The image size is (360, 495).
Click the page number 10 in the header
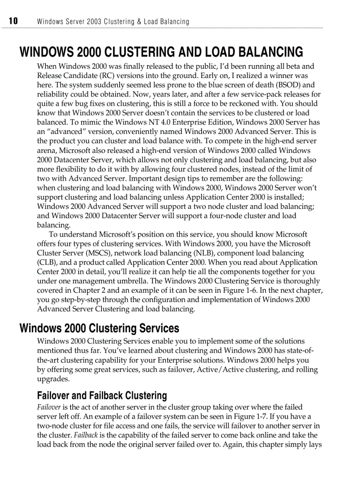(13, 21)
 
